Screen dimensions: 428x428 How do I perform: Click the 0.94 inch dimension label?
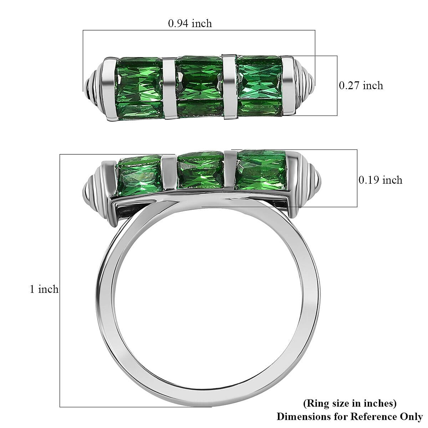click(190, 24)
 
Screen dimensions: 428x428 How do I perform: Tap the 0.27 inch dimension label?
click(361, 86)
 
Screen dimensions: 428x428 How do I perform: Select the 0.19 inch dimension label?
click(380, 180)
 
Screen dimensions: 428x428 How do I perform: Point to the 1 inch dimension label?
click(44, 289)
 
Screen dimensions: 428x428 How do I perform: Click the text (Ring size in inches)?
click(350, 403)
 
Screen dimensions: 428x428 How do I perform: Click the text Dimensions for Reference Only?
click(350, 416)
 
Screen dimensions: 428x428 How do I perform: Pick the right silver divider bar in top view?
click(229, 86)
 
